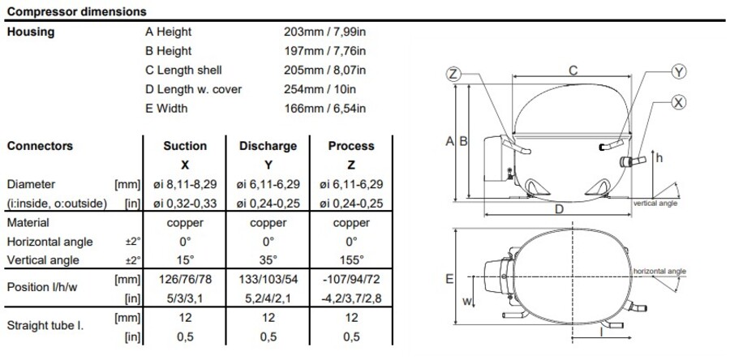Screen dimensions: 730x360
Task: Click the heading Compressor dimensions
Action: tap(77, 11)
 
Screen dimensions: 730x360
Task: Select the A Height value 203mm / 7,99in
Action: tap(324, 32)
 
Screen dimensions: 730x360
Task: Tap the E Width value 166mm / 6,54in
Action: tap(324, 109)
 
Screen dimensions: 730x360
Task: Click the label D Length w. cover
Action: tap(194, 89)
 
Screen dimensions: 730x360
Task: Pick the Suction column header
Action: tap(185, 146)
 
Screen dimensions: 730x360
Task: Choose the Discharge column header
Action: tap(268, 146)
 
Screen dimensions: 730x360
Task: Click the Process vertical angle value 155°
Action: tap(351, 259)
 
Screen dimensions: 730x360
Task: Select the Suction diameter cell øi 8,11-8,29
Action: tap(185, 184)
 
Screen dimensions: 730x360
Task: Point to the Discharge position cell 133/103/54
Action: tap(268, 280)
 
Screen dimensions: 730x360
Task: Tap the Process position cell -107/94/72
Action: tap(351, 280)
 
